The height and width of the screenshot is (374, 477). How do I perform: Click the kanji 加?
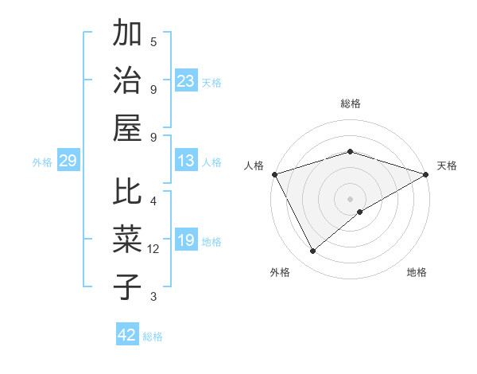(127, 35)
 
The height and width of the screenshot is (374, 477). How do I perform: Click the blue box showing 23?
(186, 81)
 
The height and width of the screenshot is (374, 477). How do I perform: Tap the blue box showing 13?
(186, 162)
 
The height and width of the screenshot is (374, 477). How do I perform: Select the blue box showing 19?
(186, 241)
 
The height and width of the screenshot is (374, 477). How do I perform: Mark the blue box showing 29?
(68, 162)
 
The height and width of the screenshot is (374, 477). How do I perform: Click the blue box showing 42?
(127, 335)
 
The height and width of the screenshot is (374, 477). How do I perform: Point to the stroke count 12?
(153, 249)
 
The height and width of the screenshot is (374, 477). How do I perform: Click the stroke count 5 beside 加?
(153, 41)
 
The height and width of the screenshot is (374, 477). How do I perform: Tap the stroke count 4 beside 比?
(153, 201)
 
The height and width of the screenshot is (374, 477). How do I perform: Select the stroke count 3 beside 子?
(153, 297)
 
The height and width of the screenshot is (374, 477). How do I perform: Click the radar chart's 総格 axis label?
(351, 103)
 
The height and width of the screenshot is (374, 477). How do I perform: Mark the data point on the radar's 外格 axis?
(313, 251)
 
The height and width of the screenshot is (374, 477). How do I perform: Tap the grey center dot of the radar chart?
(350, 198)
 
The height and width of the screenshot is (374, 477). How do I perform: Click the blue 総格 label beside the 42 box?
(153, 337)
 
